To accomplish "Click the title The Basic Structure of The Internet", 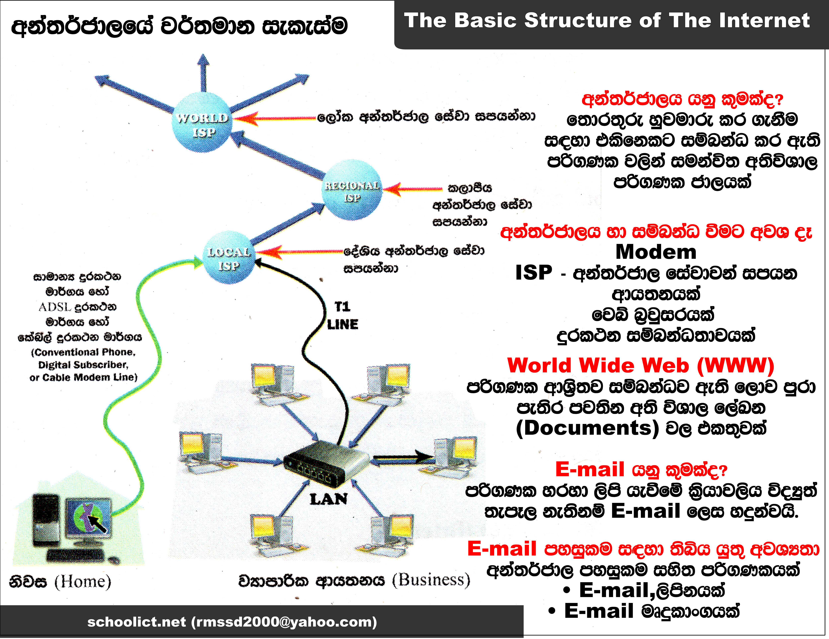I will (607, 20).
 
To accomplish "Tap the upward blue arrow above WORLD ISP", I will (203, 72).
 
